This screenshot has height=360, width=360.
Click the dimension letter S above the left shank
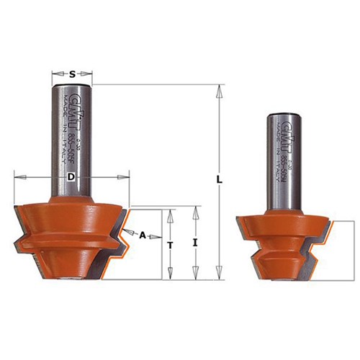[x=73, y=73]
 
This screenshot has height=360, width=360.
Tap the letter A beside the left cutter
[x=143, y=235]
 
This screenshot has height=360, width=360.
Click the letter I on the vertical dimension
[x=195, y=244]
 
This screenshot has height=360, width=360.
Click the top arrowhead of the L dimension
[x=220, y=89]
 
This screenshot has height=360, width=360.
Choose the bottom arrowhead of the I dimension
[x=195, y=274]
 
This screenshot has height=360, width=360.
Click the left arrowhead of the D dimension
[x=18, y=175]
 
